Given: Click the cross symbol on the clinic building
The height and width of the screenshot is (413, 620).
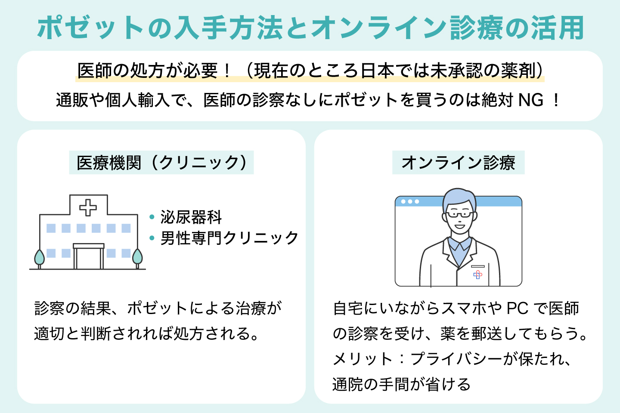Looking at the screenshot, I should click(88, 207).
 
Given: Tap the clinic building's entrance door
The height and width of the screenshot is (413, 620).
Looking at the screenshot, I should click(88, 258).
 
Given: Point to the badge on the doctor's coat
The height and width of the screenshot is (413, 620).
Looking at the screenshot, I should click(477, 274).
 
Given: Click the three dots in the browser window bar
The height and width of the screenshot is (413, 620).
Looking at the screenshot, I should click(410, 201).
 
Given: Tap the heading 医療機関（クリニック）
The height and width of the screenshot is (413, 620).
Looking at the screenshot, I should click(161, 163).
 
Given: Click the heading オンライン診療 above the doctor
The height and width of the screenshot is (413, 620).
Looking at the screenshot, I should click(458, 163).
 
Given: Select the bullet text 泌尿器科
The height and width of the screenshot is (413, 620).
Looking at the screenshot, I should click(191, 217).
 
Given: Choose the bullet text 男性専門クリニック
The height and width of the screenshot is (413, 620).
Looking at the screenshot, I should click(229, 238).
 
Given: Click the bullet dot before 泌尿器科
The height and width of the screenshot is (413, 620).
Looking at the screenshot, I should click(152, 217).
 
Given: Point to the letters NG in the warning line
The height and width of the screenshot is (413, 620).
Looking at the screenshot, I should click(530, 100).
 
